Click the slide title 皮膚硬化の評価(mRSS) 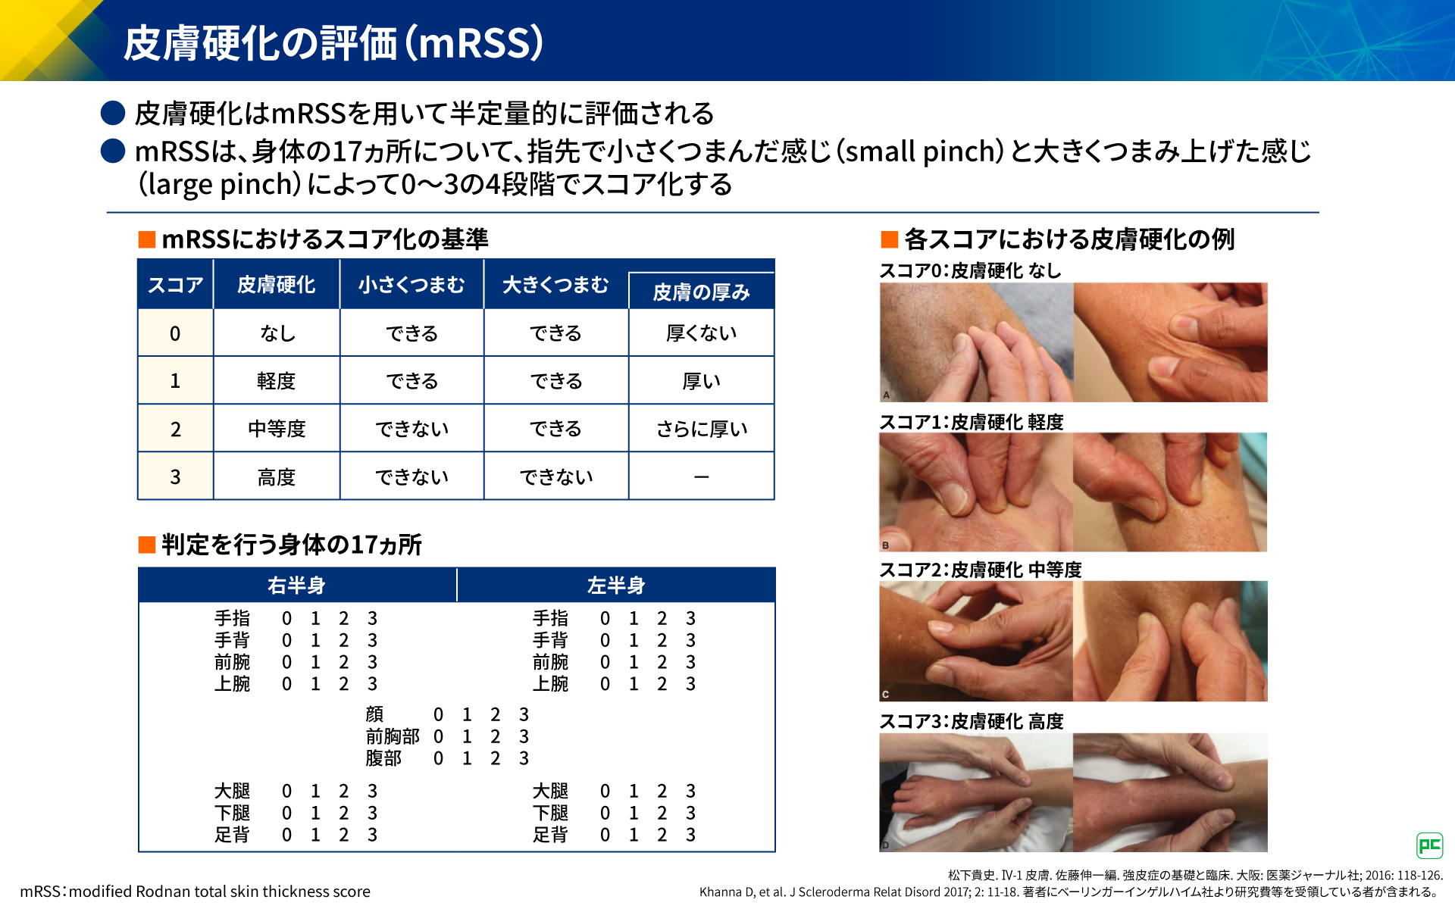333,42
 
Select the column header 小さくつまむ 411,285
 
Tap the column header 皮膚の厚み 701,292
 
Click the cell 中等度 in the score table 277,429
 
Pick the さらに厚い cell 702,429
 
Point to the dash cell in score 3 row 701,477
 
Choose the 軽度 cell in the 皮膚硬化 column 276,381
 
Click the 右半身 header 296,586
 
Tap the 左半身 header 616,586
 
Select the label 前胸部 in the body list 393,736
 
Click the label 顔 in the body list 374,714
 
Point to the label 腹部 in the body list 383,758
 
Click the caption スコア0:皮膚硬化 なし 970,270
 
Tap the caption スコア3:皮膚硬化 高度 972,721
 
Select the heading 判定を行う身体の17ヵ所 292,545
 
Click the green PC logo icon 1429,845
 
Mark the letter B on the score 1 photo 885,545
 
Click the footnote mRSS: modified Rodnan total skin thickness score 196,892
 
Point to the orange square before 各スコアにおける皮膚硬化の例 889,240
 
